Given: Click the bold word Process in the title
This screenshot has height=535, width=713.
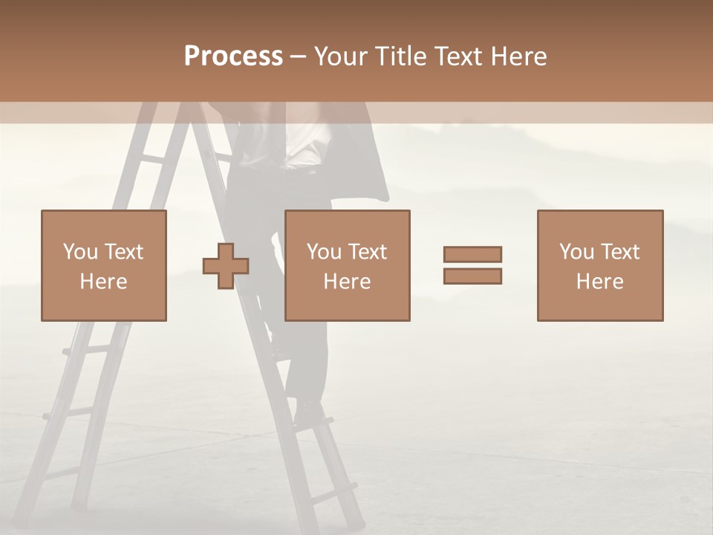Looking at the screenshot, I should pos(233,56).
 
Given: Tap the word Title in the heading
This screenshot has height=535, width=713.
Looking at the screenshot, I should pos(401,56).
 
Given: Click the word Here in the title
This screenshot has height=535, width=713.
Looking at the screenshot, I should pos(519,56).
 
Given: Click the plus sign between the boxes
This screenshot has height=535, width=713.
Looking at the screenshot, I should pos(226,266).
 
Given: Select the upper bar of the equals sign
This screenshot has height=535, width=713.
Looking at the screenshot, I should pos(472,254).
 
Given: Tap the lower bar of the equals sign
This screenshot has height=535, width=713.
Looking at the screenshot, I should pos(472,276).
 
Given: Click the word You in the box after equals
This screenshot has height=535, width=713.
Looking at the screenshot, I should pos(576,252).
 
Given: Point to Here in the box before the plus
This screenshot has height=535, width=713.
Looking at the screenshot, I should pos(103,282).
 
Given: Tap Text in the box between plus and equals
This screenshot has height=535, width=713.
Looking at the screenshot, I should pos(368,252).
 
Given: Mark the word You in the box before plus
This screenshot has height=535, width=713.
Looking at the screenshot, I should pos(80,252).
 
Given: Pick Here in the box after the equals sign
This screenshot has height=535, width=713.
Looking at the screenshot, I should pos(599,282).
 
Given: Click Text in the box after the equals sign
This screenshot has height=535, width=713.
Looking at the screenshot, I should pos(620,252).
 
